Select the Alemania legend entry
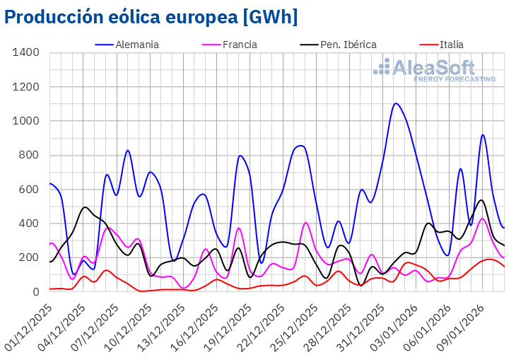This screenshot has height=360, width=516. tap(138, 45)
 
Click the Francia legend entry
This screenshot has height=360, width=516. tap(240, 45)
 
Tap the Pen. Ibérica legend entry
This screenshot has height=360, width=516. tap(348, 45)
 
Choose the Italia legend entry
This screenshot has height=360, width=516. tap(452, 45)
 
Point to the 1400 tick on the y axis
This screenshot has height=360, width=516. tap(26, 53)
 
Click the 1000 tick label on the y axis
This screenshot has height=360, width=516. tap(26, 121)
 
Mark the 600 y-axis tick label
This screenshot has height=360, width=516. tap(29, 190)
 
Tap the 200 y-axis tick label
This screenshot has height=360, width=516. tap(29, 257)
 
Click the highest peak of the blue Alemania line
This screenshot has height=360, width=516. tap(396, 103)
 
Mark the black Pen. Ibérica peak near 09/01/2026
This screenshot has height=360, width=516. tap(481, 200)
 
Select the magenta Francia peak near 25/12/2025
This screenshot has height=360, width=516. tap(305, 223)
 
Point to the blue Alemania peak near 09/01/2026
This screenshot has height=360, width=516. tap(483, 135)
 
